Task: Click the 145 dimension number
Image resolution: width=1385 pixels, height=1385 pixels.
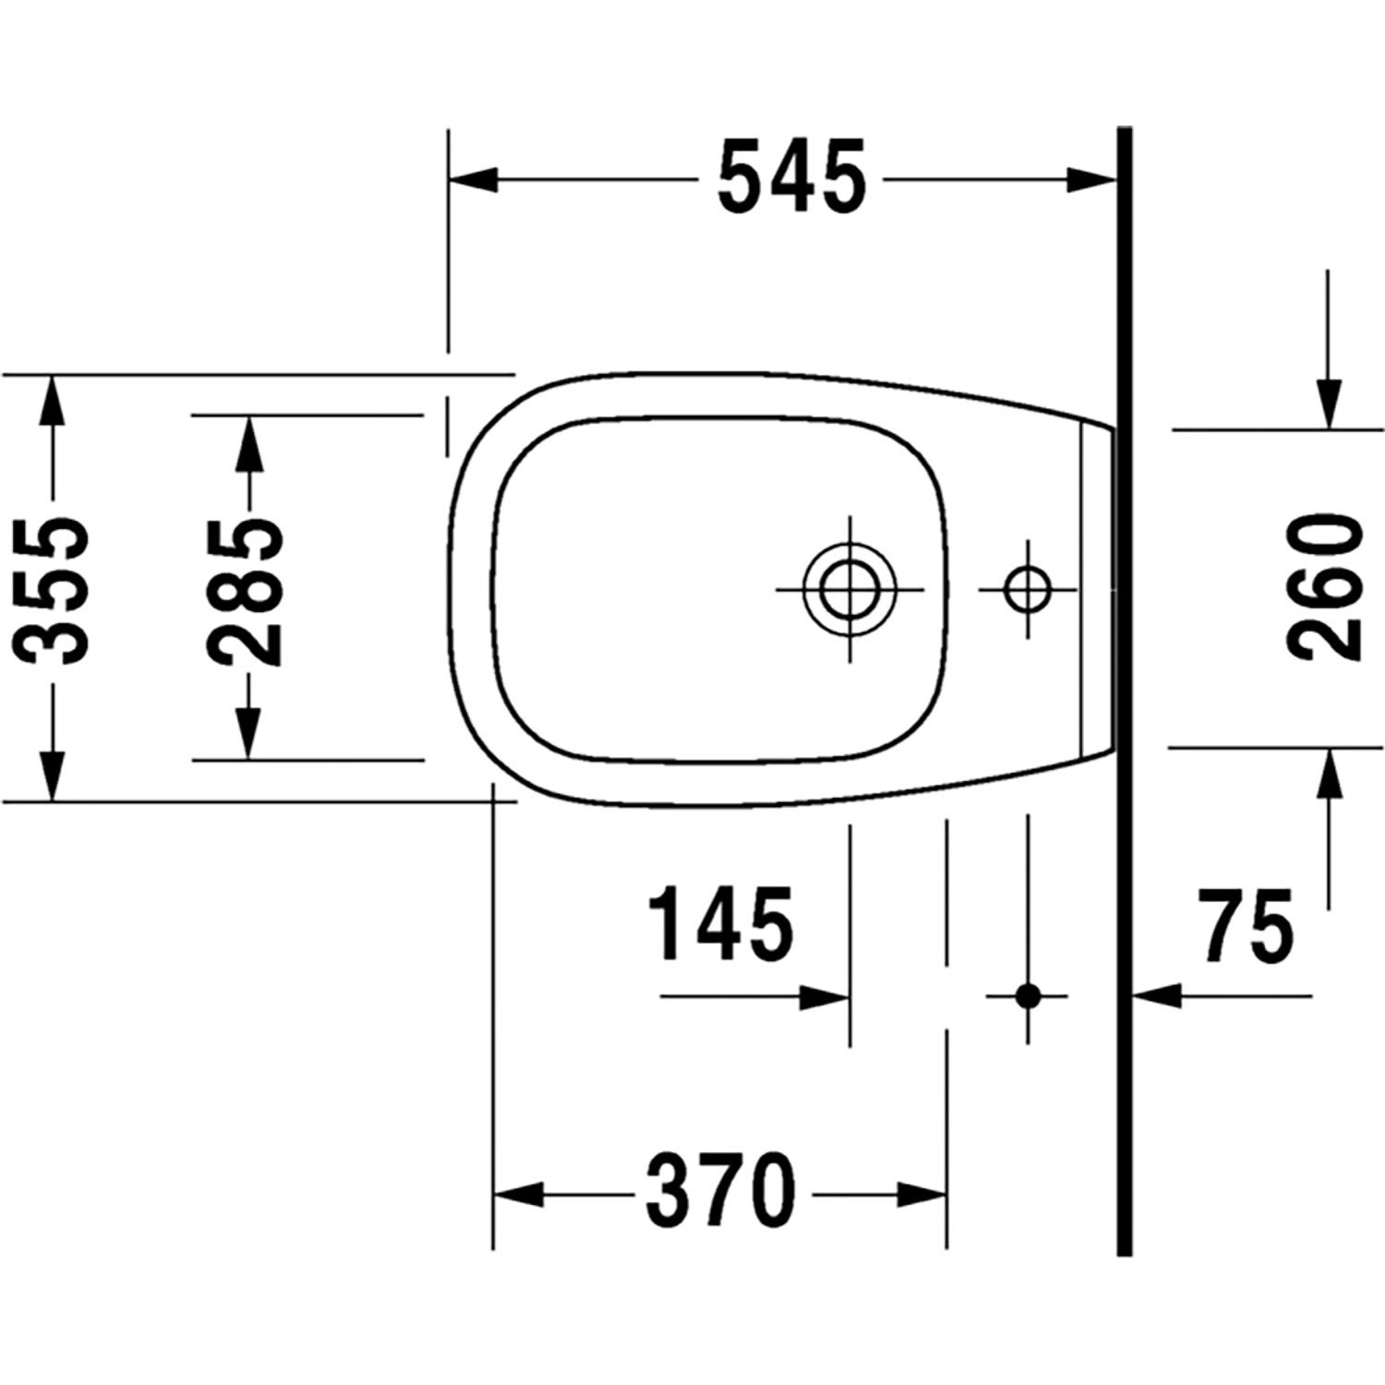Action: pyautogui.click(x=721, y=923)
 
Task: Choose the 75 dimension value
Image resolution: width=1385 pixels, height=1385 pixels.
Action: pyautogui.click(x=1246, y=923)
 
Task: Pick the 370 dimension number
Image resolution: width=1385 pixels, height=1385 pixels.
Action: pyautogui.click(x=720, y=1190)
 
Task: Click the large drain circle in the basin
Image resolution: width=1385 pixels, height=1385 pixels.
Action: pyautogui.click(x=849, y=589)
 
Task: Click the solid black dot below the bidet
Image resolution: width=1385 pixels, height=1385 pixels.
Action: pyautogui.click(x=1028, y=996)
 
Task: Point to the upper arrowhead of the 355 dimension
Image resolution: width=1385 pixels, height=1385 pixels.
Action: pyautogui.click(x=52, y=399)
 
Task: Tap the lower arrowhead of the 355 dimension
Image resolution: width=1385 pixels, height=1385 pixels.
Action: pyautogui.click(x=52, y=777)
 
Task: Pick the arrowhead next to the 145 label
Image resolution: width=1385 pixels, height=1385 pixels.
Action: pyautogui.click(x=825, y=997)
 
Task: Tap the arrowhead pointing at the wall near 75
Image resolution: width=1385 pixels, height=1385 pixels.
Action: pyautogui.click(x=1158, y=996)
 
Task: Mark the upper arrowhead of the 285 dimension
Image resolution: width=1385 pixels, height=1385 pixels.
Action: pyautogui.click(x=248, y=440)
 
